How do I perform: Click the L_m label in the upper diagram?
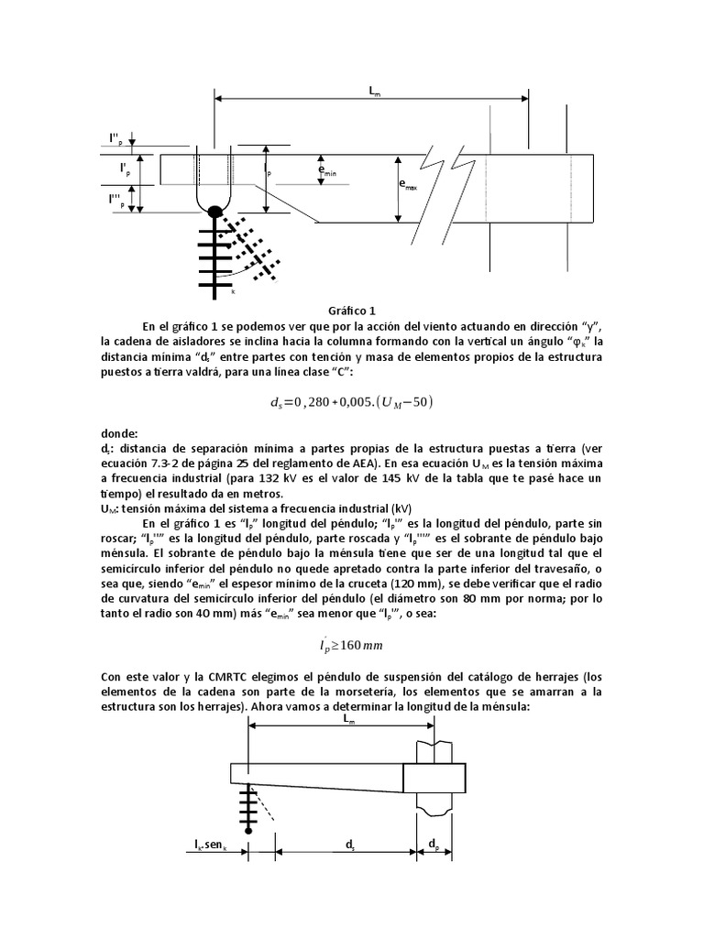click(375, 91)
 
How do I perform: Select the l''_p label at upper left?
click(114, 140)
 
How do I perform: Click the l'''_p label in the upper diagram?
click(115, 199)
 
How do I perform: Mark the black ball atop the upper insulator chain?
click(214, 213)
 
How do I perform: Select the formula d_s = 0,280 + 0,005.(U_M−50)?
click(352, 400)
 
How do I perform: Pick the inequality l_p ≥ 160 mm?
click(352, 644)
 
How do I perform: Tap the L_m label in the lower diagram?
click(349, 719)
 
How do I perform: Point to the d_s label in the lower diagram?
click(349, 847)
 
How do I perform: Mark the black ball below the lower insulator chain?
click(247, 829)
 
